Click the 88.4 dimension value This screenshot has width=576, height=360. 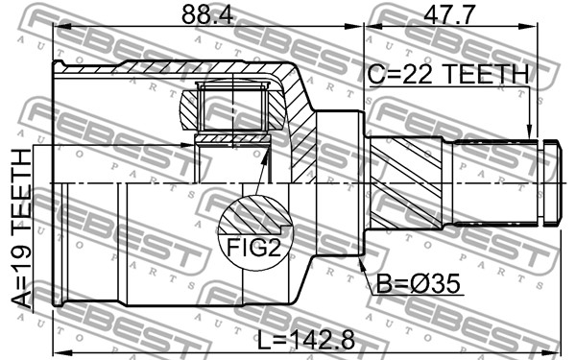pyautogui.click(x=207, y=14)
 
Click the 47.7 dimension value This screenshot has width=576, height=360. pyautogui.click(x=449, y=14)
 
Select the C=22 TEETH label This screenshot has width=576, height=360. pyautogui.click(x=447, y=74)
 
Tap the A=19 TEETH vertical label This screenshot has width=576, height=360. pyautogui.click(x=22, y=228)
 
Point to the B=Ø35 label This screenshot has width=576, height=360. pyautogui.click(x=418, y=284)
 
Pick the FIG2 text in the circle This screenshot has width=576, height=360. pyautogui.click(x=254, y=248)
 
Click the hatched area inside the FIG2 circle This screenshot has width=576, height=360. pyautogui.click(x=255, y=215)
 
